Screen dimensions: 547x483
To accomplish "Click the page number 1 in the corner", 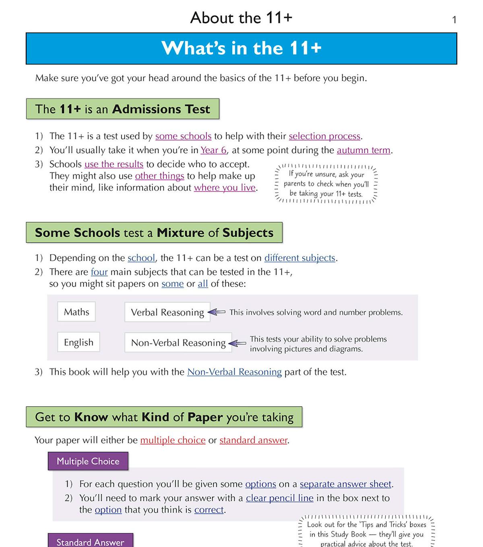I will [454, 20].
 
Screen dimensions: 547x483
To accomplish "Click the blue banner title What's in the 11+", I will [241, 48].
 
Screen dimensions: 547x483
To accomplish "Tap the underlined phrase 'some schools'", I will [183, 136].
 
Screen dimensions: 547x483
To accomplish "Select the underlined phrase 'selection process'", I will [324, 136].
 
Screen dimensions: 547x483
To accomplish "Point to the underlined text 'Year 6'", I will [213, 150].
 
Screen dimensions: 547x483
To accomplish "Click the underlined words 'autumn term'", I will [363, 150].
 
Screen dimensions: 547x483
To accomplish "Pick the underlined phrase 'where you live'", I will [225, 188].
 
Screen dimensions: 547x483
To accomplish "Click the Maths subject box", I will [76, 312].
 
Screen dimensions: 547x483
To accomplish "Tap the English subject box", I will [78, 342].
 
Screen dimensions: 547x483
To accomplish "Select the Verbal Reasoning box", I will [167, 312].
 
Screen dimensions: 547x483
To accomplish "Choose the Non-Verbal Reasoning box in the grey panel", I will [178, 343].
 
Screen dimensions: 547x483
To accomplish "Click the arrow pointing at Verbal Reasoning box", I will [217, 312].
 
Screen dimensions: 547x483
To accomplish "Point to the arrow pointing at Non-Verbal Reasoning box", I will [237, 343].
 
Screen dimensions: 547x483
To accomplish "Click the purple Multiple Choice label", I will [88, 461].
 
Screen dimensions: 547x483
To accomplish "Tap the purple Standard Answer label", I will [90, 541].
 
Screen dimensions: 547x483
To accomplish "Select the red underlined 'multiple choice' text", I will [173, 440].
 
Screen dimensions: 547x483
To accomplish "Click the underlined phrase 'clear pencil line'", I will [279, 498].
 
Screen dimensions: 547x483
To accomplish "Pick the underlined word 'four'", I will [99, 272].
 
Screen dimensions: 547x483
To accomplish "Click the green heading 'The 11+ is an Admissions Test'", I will [122, 109].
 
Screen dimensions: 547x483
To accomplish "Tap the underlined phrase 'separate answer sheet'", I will [345, 484].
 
